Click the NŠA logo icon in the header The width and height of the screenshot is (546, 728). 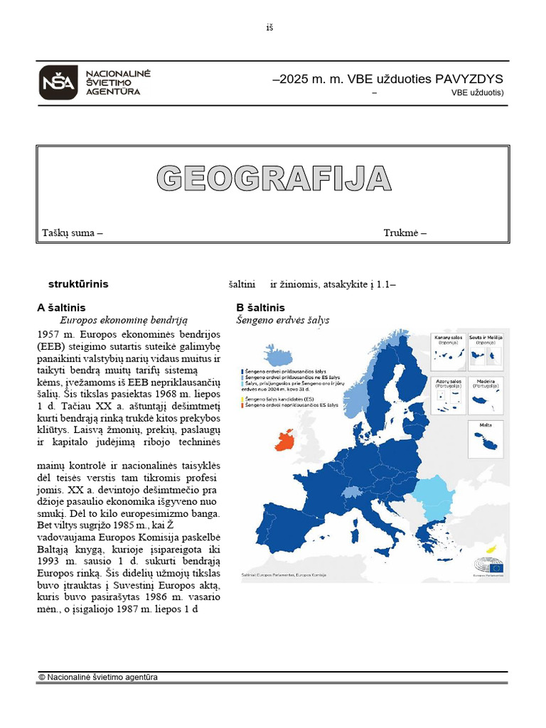point(58,82)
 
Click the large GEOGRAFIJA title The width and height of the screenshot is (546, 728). point(274,178)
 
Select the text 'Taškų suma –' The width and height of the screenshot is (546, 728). point(73,232)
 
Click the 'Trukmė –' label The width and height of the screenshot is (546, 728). point(405,232)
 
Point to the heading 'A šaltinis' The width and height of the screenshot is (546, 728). point(61,307)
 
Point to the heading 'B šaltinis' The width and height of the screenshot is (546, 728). point(260,307)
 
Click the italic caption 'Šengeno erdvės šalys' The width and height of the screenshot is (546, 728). point(282,321)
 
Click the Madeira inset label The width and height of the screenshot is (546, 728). point(486,382)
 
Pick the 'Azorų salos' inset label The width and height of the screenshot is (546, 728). point(449,382)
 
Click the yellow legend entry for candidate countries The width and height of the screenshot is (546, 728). point(279,398)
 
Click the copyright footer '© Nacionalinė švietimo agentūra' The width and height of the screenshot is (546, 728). point(98,677)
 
